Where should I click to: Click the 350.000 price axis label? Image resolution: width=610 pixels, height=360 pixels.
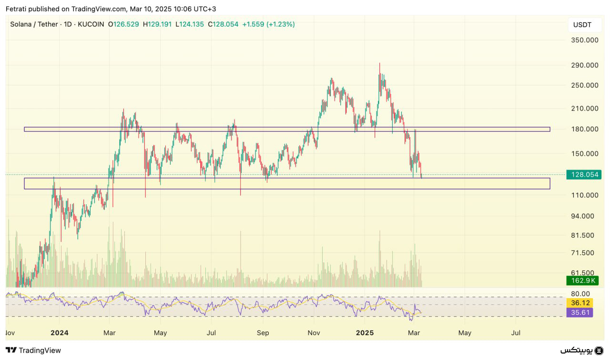[x=584, y=40]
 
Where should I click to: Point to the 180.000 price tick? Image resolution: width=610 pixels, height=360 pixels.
[x=584, y=129]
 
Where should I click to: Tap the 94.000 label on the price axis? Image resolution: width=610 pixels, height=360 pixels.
[x=582, y=216]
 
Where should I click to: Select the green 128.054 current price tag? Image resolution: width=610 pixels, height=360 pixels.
[x=584, y=175]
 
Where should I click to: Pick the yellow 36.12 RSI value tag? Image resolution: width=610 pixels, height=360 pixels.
[x=580, y=303]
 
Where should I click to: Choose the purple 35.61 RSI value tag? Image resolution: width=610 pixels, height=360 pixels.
[x=580, y=312]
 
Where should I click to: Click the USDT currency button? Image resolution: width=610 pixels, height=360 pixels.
[x=582, y=25]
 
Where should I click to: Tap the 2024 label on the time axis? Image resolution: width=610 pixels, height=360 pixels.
[x=60, y=333]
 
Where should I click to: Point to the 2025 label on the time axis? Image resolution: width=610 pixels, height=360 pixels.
[x=366, y=333]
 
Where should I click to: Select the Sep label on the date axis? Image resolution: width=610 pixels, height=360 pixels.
[x=263, y=333]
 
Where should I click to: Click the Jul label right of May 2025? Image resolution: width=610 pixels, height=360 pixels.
[x=516, y=333]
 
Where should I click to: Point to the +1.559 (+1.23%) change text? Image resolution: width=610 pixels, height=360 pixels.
[x=268, y=24]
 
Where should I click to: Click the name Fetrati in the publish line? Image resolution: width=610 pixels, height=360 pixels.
[x=18, y=9]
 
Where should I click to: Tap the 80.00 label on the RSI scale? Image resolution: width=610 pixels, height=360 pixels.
[x=580, y=294]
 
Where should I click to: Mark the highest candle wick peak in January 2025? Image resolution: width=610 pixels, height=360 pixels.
[x=380, y=63]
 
